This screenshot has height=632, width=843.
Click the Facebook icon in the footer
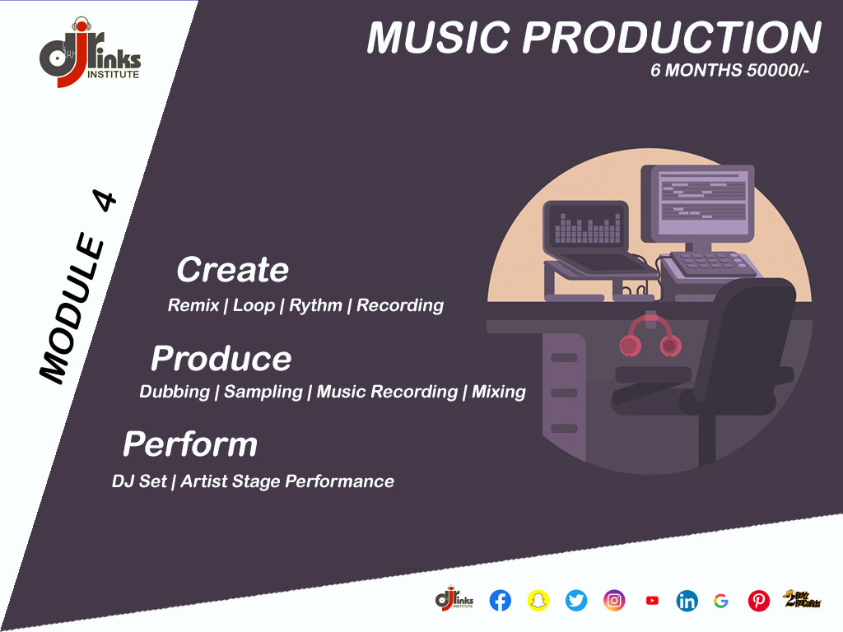500,600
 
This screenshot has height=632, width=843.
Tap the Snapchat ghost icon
538,600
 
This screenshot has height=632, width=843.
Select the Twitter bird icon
575,600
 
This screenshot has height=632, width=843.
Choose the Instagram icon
614,600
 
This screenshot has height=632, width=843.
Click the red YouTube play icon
652,600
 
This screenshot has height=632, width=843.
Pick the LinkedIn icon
687,600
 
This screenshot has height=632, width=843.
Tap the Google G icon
721,600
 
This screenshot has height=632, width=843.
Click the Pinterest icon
758,600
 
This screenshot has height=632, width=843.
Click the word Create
233,269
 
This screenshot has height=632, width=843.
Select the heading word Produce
221,359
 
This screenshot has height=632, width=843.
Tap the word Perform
190,444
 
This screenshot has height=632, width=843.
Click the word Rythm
315,306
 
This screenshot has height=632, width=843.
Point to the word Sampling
263,392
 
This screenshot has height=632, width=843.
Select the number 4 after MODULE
105,201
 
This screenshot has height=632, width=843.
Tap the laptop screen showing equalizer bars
587,227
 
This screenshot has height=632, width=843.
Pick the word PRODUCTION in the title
672,38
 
